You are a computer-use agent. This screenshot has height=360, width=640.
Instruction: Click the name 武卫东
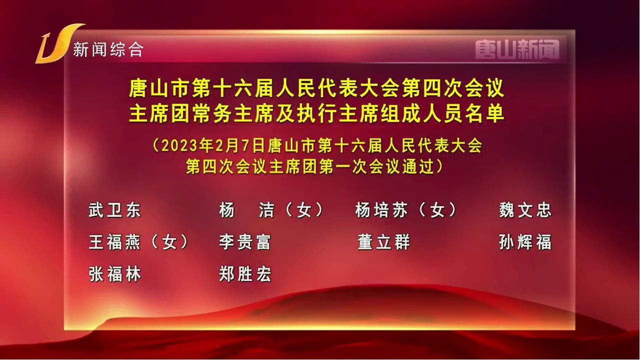(114, 210)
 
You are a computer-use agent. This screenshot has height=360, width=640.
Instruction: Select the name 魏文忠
(525, 210)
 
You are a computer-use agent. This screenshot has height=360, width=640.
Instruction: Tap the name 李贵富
(245, 242)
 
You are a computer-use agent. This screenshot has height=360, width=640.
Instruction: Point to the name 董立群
(383, 242)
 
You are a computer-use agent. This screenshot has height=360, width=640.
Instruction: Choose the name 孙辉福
(525, 242)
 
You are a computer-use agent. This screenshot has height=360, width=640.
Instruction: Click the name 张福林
(114, 274)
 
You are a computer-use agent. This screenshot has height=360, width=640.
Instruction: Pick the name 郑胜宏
(245, 274)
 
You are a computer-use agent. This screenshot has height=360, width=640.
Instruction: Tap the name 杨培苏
(381, 210)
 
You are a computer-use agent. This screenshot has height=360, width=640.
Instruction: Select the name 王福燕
(114, 242)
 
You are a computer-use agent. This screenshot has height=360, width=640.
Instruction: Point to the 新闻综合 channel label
(108, 49)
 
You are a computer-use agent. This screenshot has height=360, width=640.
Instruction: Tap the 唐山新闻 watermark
(517, 49)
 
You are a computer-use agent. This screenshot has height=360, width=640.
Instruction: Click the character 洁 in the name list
(266, 210)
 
